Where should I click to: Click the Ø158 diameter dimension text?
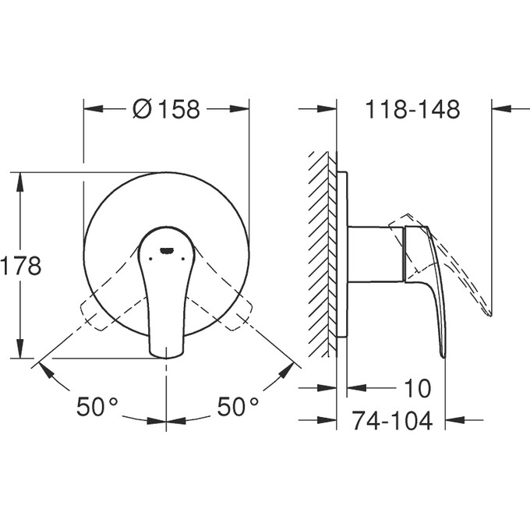point(166,110)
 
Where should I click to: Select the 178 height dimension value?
point(20,266)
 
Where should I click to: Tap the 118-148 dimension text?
point(412,110)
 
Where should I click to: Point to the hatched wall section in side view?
point(323,249)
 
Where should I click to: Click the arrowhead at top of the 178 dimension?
point(21,181)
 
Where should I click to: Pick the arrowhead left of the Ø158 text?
point(94,110)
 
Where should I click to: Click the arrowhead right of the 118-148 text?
point(502,110)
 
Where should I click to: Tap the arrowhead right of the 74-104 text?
point(454,421)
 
